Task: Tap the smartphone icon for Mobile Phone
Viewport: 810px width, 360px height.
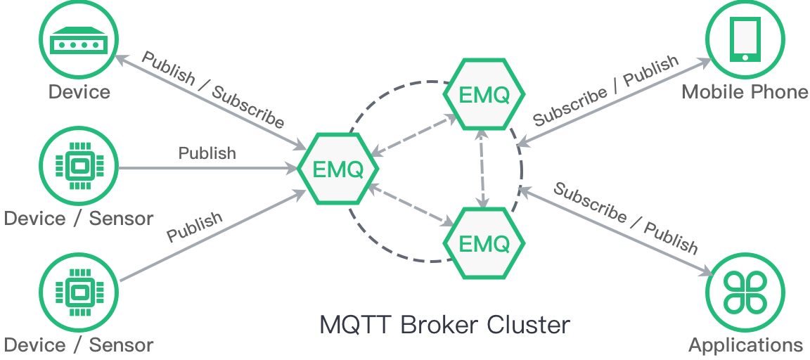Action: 745,39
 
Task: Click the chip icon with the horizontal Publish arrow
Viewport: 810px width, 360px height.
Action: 79,167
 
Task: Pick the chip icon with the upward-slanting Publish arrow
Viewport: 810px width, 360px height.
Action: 79,292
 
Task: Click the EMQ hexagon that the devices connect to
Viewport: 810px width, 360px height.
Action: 338,169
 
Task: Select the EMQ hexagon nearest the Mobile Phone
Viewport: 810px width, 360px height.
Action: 484,95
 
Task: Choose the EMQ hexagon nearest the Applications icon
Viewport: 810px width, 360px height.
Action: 484,243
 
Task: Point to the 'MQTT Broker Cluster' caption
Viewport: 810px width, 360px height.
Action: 444,326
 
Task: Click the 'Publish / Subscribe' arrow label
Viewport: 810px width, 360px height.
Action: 212,89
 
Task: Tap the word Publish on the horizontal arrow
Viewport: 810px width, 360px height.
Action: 207,153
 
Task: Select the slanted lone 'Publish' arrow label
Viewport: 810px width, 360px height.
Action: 195,227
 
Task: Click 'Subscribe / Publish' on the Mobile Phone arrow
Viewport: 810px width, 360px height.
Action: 605,91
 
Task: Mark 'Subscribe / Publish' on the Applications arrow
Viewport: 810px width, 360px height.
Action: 626,218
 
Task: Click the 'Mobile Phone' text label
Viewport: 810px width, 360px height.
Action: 745,92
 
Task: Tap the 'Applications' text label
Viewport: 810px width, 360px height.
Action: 745,345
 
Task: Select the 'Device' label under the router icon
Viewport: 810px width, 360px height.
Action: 79,92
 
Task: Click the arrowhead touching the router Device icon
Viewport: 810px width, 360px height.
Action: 120,60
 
